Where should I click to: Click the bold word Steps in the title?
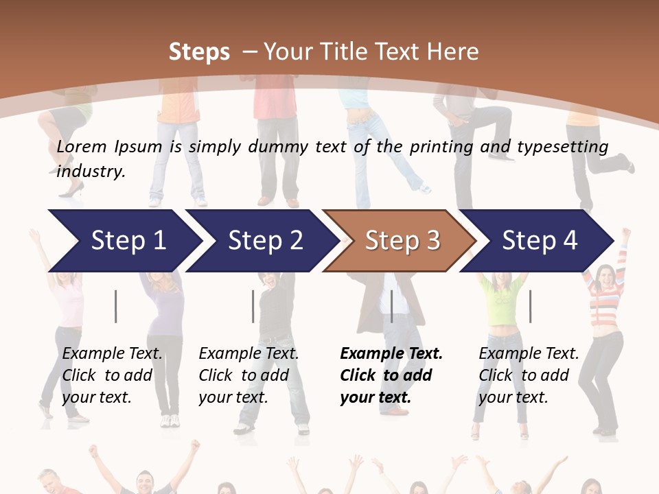[199, 51]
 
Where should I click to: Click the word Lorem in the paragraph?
[82, 146]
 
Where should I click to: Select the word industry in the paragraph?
[91, 171]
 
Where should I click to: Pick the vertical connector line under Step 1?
[116, 306]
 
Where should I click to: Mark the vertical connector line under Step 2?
[253, 306]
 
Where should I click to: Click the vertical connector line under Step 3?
[391, 306]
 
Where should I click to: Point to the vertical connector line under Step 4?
[530, 306]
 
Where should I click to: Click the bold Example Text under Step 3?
[391, 354]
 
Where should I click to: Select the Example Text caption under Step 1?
[113, 354]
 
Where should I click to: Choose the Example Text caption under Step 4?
[529, 354]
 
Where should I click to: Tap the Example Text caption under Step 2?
[248, 354]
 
